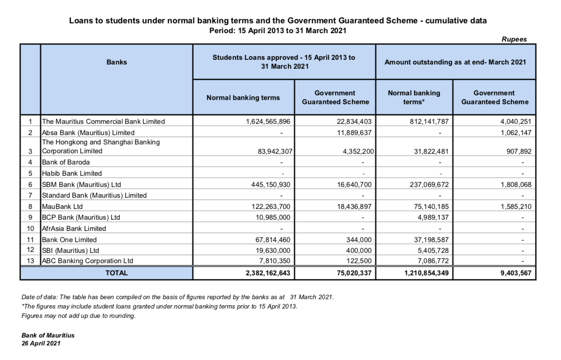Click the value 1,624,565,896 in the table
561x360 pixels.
[268, 122]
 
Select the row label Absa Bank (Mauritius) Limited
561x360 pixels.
[88, 132]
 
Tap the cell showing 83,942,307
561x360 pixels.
[271, 151]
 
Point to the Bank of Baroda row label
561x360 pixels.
[65, 162]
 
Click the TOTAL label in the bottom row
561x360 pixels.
[117, 273]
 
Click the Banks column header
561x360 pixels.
[117, 62]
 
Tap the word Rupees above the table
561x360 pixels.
[514, 39]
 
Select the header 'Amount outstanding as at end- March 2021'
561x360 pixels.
[455, 62]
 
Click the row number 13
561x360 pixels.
[30, 261]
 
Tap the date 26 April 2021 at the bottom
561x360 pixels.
[41, 343]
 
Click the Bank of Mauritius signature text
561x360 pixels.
[48, 335]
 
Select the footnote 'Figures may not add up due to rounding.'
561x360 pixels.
[79, 316]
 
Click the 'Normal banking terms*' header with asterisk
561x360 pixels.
[414, 97]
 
